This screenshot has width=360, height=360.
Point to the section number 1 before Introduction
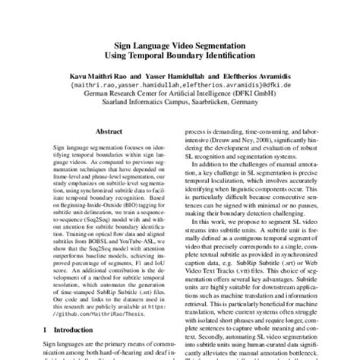click(x=47, y=330)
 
